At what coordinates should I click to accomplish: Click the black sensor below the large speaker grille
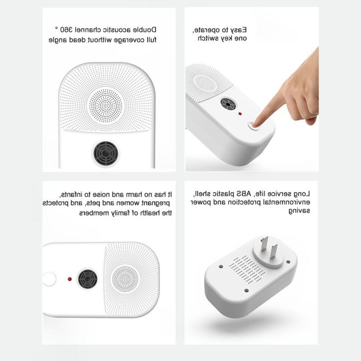point(106,153)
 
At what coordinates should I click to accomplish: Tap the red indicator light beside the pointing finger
point(240,114)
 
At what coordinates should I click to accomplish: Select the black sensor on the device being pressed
point(228,104)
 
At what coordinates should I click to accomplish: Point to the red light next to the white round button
point(69,279)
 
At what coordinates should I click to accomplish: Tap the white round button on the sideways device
point(49,279)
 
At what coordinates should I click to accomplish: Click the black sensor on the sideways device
point(88,279)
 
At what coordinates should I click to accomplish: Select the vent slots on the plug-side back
point(247,269)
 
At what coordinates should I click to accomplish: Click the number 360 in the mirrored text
point(67,29)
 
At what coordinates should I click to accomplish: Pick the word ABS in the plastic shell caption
point(245,194)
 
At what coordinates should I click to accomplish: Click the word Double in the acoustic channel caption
point(145,30)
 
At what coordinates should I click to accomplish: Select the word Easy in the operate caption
point(239,30)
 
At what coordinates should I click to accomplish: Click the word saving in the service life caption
point(299,211)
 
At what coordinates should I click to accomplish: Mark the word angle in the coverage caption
point(58,40)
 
